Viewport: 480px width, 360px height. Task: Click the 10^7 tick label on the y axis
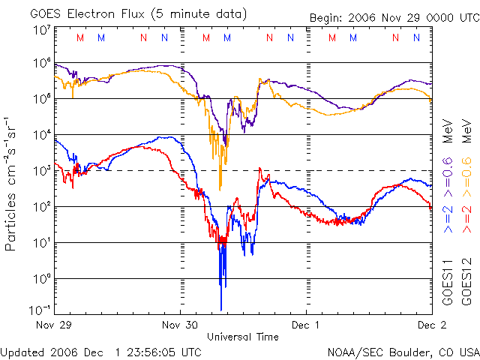41,29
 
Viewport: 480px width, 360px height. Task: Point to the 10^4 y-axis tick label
41,135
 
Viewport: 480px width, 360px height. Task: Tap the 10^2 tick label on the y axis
41,207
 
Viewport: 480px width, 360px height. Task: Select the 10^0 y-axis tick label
41,279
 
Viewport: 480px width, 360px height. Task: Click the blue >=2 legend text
448,217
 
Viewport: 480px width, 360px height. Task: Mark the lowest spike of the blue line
221,309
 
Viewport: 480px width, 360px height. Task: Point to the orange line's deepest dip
220,188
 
